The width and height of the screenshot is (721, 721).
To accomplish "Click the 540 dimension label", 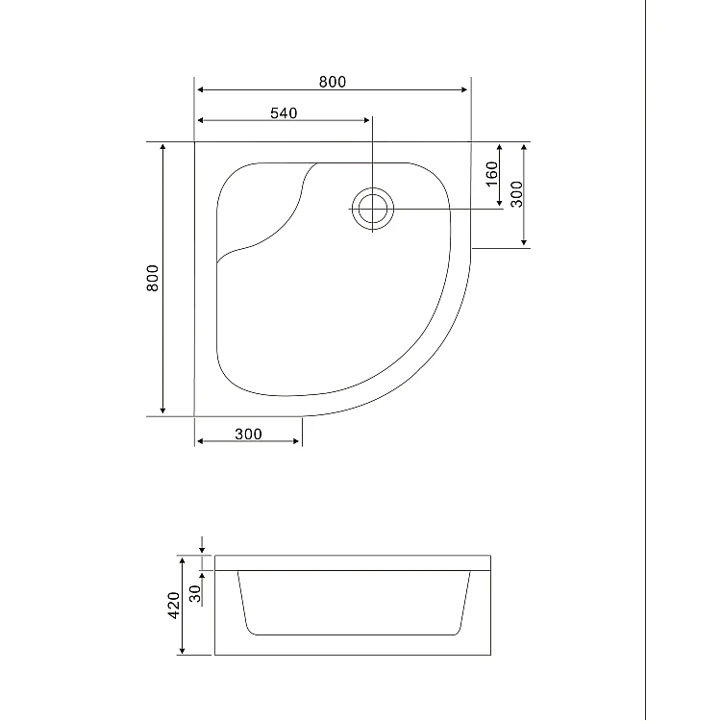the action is [284, 113].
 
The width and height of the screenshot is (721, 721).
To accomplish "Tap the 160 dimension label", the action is [492, 174].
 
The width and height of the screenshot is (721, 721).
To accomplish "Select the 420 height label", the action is [174, 605].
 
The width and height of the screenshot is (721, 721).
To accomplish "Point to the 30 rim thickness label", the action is [195, 594].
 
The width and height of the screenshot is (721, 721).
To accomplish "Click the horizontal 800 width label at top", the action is [333, 82].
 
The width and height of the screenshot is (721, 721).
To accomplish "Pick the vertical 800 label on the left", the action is [152, 278].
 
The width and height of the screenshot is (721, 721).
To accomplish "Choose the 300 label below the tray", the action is [248, 435].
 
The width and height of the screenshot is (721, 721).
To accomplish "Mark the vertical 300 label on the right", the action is [517, 194].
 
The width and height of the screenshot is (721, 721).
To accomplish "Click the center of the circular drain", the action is [372, 209].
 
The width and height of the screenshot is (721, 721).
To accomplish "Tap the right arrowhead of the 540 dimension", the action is [366, 120].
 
